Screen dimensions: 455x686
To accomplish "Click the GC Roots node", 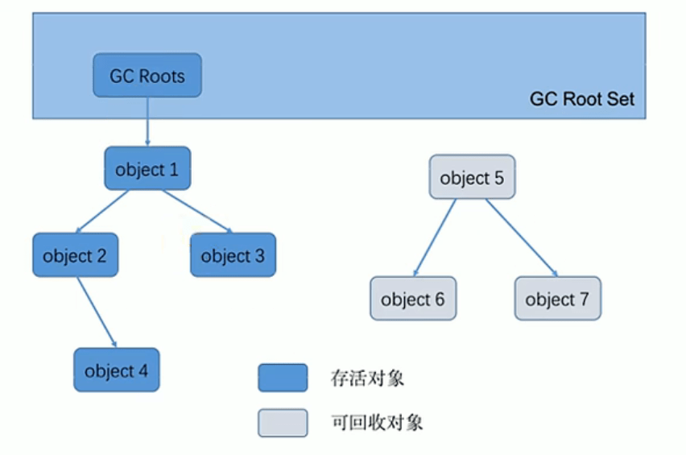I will pyautogui.click(x=147, y=77).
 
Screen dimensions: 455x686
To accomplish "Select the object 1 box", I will pyautogui.click(x=147, y=169).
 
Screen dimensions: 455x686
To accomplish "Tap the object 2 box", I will pyautogui.click(x=75, y=256).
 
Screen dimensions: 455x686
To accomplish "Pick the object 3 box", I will pyautogui.click(x=233, y=256).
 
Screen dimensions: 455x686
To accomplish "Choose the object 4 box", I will pyautogui.click(x=117, y=370).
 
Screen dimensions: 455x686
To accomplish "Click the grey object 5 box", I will pyautogui.click(x=472, y=178).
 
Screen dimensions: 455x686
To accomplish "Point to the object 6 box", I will pyautogui.click(x=413, y=299).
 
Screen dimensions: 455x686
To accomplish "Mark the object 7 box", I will pyautogui.click(x=557, y=299).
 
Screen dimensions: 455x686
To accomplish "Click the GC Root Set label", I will pyautogui.click(x=581, y=99).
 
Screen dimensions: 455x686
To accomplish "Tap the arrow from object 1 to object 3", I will pyautogui.click(x=196, y=212).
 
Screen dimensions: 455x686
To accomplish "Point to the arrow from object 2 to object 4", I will pyautogui.click(x=97, y=313).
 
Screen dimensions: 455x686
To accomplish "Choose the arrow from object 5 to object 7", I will pyautogui.click(x=521, y=238).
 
